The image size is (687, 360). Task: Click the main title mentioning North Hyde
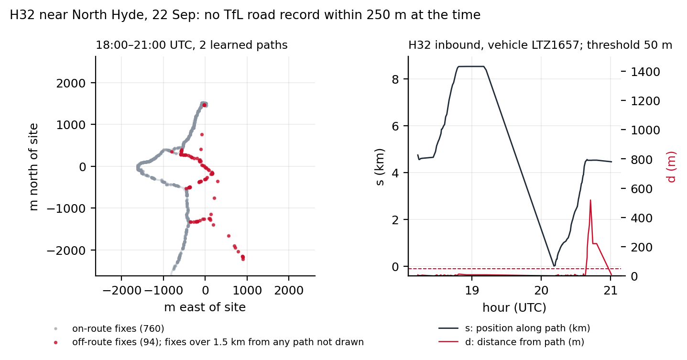(245, 15)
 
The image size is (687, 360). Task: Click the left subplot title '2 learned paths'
(192, 45)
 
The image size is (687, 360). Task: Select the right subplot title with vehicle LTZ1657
(540, 45)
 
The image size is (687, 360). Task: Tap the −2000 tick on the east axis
(121, 290)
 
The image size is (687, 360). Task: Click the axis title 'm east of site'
(205, 307)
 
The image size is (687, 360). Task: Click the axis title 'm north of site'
(33, 167)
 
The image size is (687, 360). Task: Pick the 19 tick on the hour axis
(472, 290)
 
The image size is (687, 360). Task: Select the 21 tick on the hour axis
(611, 290)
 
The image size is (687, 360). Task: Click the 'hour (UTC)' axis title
(514, 307)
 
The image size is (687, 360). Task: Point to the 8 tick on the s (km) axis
(395, 79)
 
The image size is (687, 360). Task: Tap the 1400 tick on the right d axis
(645, 72)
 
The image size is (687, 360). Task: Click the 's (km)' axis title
(380, 167)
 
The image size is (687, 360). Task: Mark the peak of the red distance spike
(590, 200)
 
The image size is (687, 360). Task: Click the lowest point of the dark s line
(554, 266)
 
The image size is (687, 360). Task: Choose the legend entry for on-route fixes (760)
(110, 329)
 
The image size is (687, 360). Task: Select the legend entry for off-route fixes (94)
(208, 342)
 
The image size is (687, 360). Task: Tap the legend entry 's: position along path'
(514, 328)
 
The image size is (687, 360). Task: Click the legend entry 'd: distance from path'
(511, 342)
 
